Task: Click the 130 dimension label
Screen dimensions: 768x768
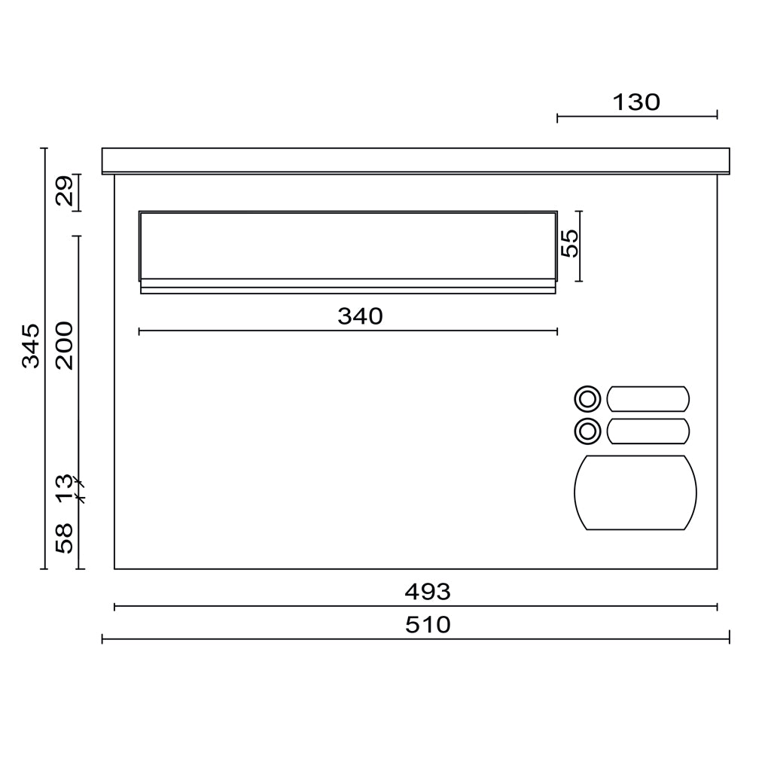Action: point(636,102)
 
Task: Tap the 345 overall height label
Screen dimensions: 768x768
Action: point(31,346)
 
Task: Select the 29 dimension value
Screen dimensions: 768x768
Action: point(64,190)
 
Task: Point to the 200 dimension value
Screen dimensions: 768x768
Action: point(64,346)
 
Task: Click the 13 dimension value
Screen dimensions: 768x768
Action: point(64,489)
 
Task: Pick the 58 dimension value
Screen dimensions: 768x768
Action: point(64,538)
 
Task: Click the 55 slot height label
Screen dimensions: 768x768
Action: point(570,243)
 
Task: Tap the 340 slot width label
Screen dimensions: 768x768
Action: point(360,316)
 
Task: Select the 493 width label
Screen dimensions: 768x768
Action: point(428,592)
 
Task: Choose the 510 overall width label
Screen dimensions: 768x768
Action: point(428,625)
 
